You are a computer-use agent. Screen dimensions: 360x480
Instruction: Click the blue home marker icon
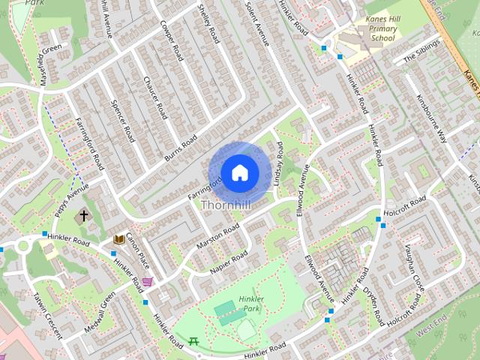(x=239, y=172)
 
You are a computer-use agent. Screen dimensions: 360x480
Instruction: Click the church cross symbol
(x=84, y=216)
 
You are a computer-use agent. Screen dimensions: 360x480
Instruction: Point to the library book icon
(x=118, y=239)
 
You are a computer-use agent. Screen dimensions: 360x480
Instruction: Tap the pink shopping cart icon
(x=148, y=281)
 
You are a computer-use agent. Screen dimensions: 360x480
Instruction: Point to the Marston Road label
(x=217, y=235)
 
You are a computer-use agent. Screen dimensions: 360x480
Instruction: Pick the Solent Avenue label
(x=256, y=22)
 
